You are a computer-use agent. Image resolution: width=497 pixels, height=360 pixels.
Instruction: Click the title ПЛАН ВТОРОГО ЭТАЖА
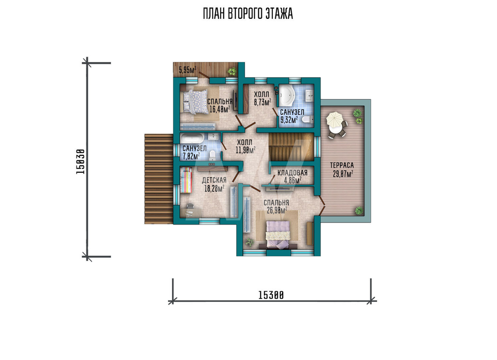click(x=248, y=13)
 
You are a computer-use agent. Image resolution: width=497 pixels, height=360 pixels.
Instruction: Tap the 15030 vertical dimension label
click(x=81, y=161)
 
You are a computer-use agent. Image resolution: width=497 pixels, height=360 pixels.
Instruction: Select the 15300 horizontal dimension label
click(x=271, y=295)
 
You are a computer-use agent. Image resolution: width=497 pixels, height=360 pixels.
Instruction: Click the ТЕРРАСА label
click(x=342, y=165)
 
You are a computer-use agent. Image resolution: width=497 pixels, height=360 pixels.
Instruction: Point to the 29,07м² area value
click(x=342, y=173)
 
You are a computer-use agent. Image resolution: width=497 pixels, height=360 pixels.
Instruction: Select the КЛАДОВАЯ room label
click(x=292, y=173)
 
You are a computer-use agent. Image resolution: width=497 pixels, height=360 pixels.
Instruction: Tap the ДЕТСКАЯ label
click(x=214, y=180)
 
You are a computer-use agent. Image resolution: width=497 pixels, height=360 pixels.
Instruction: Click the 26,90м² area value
click(x=277, y=210)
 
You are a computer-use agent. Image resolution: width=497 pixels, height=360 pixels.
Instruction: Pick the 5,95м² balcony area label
click(x=187, y=70)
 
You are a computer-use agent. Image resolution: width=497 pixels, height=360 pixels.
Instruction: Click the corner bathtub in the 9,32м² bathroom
click(x=287, y=96)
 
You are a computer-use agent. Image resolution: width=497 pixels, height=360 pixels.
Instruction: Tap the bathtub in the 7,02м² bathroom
click(x=192, y=139)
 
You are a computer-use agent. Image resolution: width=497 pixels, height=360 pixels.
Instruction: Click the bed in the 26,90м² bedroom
click(x=278, y=234)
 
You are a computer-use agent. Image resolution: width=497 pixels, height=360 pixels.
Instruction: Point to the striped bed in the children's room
click(x=186, y=180)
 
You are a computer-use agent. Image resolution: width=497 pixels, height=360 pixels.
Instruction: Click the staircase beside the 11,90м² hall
click(x=291, y=147)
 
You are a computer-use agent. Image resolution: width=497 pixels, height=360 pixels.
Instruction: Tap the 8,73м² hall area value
click(x=262, y=102)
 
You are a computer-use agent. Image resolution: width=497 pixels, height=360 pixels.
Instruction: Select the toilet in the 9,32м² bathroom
click(x=307, y=119)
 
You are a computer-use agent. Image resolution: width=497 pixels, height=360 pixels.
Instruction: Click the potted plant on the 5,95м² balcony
click(x=232, y=71)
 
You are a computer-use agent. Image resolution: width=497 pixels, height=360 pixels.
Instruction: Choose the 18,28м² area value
click(x=214, y=189)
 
